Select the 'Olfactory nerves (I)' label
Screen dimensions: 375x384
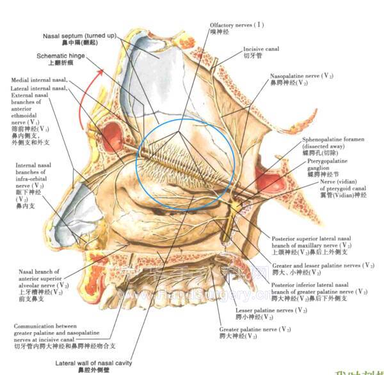tap(228, 25)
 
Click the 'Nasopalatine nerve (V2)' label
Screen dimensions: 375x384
tap(301, 76)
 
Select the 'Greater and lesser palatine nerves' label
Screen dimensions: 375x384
tap(326, 265)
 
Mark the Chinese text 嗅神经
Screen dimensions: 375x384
tap(220, 32)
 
